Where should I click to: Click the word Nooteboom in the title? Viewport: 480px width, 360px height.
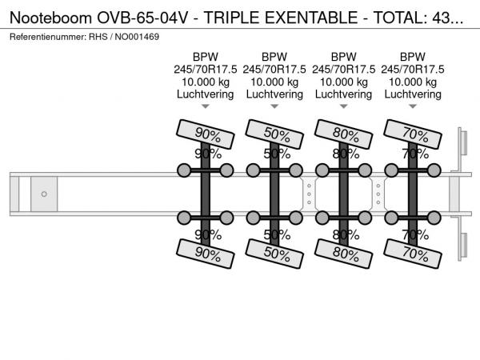pyautogui.click(x=51, y=18)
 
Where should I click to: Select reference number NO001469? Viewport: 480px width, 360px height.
pyautogui.click(x=137, y=37)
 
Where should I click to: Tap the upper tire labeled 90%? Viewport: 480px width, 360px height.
pyautogui.click(x=206, y=134)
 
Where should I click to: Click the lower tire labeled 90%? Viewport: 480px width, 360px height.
pyautogui.click(x=206, y=254)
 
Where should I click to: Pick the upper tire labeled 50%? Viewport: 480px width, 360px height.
pyautogui.click(x=274, y=134)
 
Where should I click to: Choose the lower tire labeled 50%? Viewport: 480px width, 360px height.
pyautogui.click(x=274, y=254)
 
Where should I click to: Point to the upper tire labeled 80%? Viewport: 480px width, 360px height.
pyautogui.click(x=343, y=134)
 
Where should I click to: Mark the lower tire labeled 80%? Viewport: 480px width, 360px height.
pyautogui.click(x=343, y=254)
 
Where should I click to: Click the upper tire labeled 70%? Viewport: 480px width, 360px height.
pyautogui.click(x=413, y=134)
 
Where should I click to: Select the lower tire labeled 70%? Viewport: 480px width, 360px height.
pyautogui.click(x=413, y=254)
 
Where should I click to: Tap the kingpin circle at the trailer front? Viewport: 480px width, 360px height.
pyautogui.click(x=44, y=194)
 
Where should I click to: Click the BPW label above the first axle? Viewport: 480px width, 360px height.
pyautogui.click(x=206, y=57)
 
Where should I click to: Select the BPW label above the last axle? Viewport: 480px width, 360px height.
pyautogui.click(x=413, y=57)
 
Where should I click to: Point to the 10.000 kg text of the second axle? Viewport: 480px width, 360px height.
pyautogui.click(x=274, y=82)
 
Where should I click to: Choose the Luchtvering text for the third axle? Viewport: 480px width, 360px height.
pyautogui.click(x=343, y=94)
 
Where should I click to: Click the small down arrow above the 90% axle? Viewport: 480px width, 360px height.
pyautogui.click(x=206, y=106)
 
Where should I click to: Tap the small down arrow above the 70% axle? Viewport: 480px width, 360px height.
pyautogui.click(x=413, y=106)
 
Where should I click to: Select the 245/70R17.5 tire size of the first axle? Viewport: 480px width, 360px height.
pyautogui.click(x=206, y=70)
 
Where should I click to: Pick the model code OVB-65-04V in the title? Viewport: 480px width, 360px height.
pyautogui.click(x=142, y=18)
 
